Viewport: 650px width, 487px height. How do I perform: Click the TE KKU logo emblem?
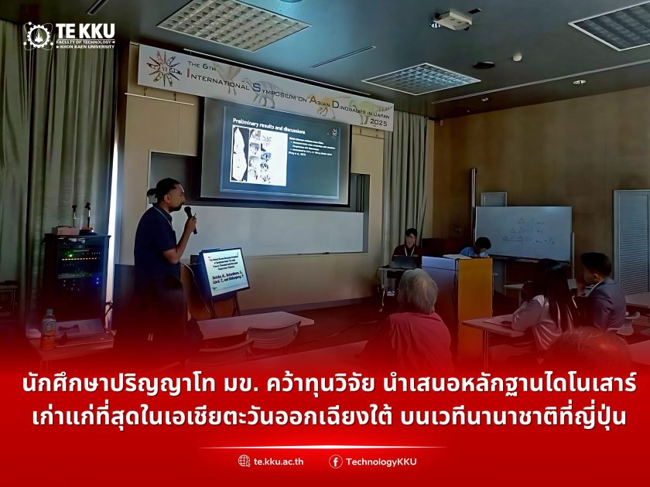pos(38,36)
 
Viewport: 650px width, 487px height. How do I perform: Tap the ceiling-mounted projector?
pos(453,19)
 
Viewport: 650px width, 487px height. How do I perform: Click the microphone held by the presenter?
pos(189,216)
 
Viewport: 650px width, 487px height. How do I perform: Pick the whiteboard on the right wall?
pos(523,233)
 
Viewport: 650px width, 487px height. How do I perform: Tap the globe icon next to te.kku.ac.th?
pos(245,461)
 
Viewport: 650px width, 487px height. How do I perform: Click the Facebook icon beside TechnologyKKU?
pos(335,461)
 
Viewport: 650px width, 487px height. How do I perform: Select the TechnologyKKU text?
pos(381,461)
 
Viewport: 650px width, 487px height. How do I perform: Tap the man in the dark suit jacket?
pos(599,291)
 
